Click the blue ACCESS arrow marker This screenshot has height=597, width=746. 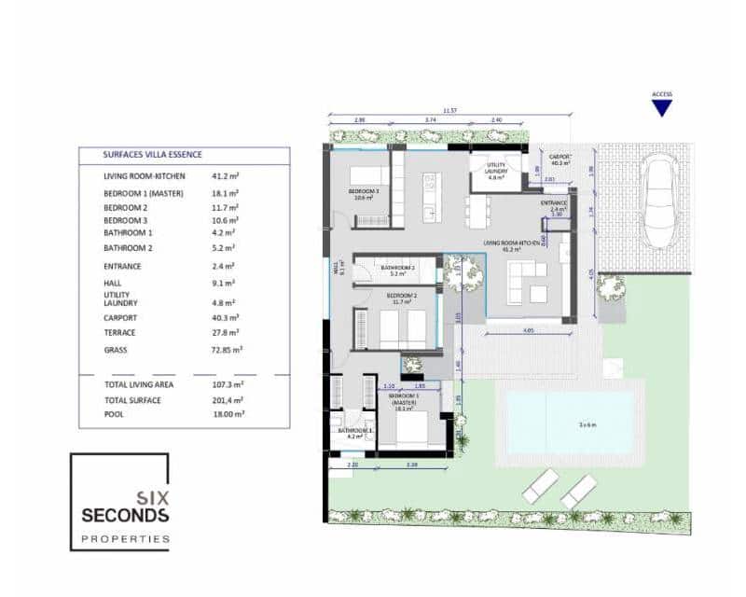pyautogui.click(x=662, y=107)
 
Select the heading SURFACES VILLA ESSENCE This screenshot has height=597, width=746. pyautogui.click(x=153, y=155)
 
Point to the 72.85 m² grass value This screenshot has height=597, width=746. pyautogui.click(x=228, y=350)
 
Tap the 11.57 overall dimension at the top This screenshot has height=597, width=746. pyautogui.click(x=449, y=111)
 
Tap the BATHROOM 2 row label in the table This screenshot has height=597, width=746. pyautogui.click(x=128, y=248)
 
